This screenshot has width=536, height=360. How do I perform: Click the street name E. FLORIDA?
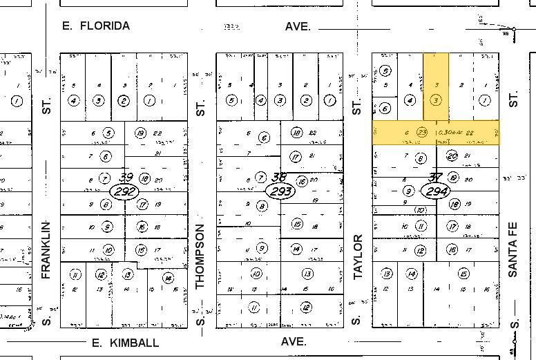click(96, 26)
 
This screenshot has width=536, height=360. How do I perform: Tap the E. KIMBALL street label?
click(125, 343)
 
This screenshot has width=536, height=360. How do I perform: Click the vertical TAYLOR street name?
click(358, 256)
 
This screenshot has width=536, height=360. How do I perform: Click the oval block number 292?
click(126, 190)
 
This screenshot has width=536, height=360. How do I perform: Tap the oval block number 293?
click(280, 190)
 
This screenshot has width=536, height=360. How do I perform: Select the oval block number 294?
click(435, 190)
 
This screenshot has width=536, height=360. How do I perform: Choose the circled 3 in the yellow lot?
click(435, 100)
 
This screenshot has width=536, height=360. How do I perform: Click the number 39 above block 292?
click(126, 177)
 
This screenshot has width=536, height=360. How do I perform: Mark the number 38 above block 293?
click(280, 177)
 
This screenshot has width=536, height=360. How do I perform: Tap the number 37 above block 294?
click(435, 178)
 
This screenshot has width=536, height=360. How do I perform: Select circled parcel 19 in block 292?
click(141, 133)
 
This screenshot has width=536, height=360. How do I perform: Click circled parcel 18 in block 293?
click(296, 133)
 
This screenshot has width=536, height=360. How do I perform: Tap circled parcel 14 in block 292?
click(167, 278)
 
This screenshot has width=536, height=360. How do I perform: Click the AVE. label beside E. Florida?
click(298, 26)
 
